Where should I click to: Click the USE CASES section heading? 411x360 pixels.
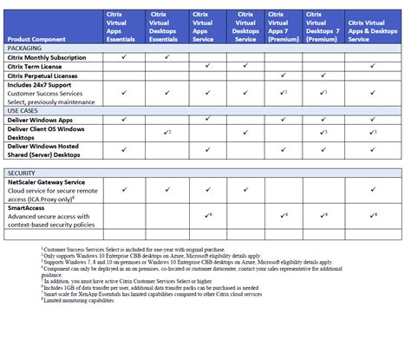pos(24,111)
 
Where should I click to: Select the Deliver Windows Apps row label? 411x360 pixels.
pos(43,120)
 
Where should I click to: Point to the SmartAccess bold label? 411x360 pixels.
pos(29,208)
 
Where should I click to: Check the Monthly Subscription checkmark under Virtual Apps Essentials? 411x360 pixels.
pos(125,57)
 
